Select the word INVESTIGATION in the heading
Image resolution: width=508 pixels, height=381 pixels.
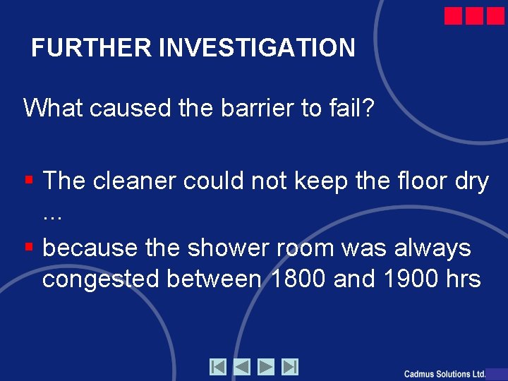pos(258,48)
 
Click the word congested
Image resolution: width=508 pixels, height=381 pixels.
pos(102,279)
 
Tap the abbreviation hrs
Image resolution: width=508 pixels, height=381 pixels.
pos(462,279)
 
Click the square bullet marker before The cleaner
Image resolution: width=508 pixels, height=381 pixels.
pos(30,181)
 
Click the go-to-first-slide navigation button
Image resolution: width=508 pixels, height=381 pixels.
pos(218,367)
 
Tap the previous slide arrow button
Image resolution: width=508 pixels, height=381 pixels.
pos(242,367)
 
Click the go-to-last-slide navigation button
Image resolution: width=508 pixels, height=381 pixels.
pos(290,367)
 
